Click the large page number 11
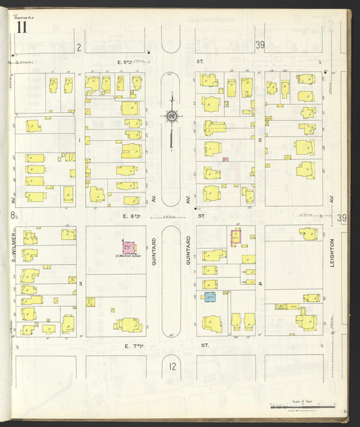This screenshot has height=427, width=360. point(22,27)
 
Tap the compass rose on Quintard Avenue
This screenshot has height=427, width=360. point(172,117)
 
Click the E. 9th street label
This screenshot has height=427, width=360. point(124,62)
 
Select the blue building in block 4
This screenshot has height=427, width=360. point(211,297)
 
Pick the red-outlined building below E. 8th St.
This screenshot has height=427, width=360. point(236,236)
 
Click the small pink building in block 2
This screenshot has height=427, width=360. point(226,159)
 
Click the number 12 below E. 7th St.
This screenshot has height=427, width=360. point(172,367)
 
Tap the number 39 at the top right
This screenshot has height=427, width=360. point(260,45)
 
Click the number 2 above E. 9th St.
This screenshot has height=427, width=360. point(78,47)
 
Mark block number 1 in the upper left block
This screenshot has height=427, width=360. point(80,141)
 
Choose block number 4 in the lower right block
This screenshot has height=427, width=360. point(260,284)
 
